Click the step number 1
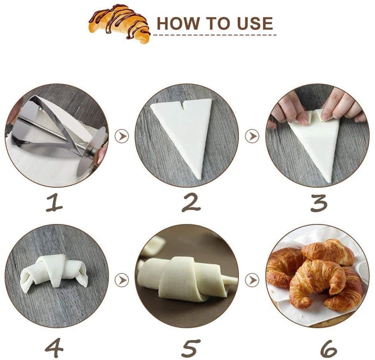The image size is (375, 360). click(x=54, y=203)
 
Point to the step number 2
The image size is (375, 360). click(x=191, y=203)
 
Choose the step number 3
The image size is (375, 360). click(x=319, y=203)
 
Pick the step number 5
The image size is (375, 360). click(x=191, y=348)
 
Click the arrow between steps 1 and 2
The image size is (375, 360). click(x=122, y=137)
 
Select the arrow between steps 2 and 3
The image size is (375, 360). click(x=252, y=137)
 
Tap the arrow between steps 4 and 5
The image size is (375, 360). click(x=122, y=280)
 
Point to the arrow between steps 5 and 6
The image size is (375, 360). click(x=252, y=280)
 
